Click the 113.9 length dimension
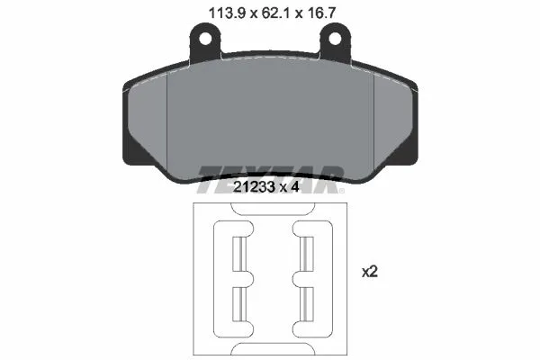coord(226,13)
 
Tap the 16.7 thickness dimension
coord(320,13)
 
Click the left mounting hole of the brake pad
coord(205,39)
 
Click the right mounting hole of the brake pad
coord(335,39)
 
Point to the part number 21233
coord(254,187)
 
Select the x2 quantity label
coord(370,272)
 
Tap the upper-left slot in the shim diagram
coord(239,254)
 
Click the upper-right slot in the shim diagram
coord(307,254)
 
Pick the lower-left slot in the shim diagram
coord(239,304)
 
